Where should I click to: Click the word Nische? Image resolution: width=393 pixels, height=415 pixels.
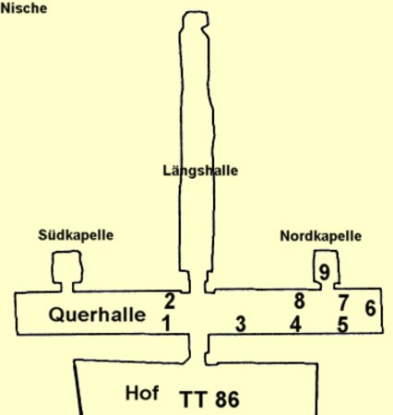(x=24, y=8)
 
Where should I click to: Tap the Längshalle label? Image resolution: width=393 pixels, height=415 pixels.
(x=200, y=171)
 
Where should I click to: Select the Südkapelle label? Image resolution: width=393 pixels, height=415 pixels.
(x=76, y=235)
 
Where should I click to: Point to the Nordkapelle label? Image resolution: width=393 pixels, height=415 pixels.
(x=321, y=236)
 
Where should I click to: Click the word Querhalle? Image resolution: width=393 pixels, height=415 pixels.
(x=97, y=314)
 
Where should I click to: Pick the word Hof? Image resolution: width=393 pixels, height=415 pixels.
(x=142, y=393)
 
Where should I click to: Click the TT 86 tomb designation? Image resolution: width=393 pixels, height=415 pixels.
(x=209, y=399)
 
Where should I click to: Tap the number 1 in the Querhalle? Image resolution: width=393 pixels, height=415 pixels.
(x=166, y=323)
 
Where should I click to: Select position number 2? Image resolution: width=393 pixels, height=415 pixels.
(x=170, y=302)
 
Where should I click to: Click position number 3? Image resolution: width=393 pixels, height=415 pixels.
(x=241, y=324)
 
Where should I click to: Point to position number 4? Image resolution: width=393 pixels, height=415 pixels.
(x=296, y=324)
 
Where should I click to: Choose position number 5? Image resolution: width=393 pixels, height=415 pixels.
(x=342, y=325)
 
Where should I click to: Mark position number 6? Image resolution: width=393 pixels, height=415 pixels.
(x=370, y=308)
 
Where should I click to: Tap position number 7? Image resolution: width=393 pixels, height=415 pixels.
(x=343, y=302)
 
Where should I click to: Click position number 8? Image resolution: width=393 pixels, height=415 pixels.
(x=300, y=301)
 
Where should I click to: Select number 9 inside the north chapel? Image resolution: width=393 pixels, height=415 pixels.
(x=325, y=272)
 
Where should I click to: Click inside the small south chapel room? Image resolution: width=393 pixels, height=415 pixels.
(x=67, y=267)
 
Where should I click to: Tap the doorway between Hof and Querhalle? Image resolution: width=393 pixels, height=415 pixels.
(x=198, y=349)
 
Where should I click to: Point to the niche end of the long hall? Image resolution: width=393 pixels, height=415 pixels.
(x=195, y=20)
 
